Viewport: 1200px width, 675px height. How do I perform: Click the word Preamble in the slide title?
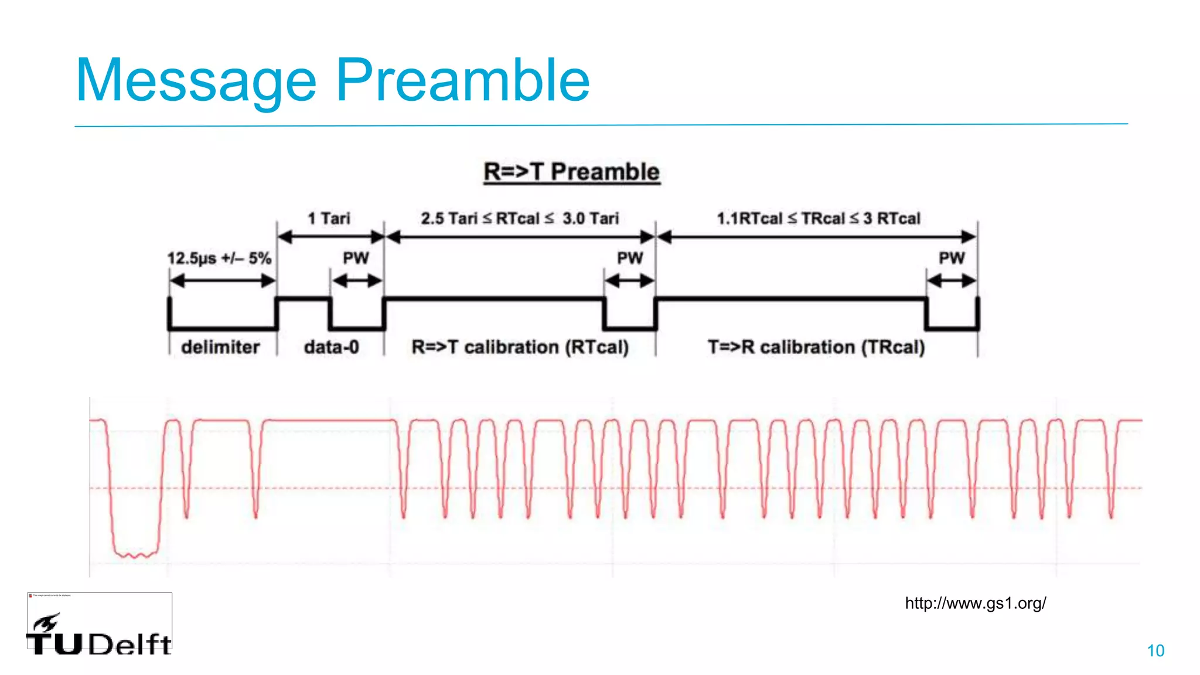tap(462, 81)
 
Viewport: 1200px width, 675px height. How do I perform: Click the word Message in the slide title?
tap(196, 81)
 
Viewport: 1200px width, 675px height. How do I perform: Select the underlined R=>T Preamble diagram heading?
tap(572, 172)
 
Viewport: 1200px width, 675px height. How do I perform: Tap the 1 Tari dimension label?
tap(329, 219)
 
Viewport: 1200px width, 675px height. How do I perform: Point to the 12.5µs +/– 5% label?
tap(219, 258)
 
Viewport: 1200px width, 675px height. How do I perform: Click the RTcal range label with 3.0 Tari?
tap(520, 219)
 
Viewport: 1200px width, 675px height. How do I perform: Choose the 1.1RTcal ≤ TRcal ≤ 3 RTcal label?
tap(819, 219)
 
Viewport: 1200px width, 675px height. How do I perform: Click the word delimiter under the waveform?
tap(220, 347)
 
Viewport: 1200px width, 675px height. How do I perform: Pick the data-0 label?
tap(331, 347)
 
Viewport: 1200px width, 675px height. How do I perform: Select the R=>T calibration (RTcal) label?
tap(520, 347)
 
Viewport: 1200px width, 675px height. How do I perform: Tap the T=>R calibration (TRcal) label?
tap(816, 347)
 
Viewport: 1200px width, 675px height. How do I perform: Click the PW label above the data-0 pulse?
tap(356, 258)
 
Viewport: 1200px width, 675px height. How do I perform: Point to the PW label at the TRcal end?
tap(952, 258)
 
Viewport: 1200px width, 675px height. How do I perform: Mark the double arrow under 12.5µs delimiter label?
tap(223, 281)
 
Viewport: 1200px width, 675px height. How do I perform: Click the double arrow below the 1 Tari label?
tap(330, 237)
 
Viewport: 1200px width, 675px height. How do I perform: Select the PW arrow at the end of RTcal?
tap(630, 281)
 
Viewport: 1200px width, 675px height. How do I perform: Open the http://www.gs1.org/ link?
tap(976, 603)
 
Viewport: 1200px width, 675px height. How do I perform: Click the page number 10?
tap(1155, 650)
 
